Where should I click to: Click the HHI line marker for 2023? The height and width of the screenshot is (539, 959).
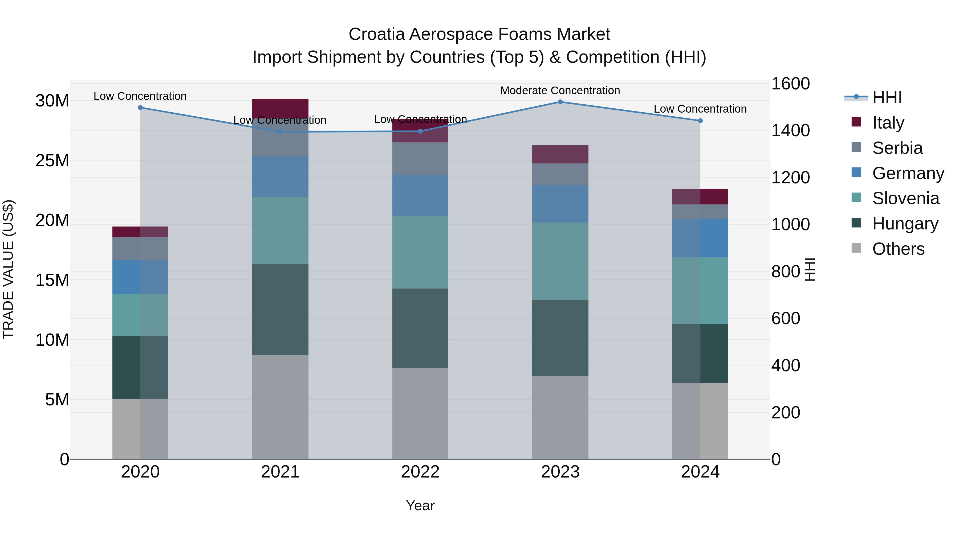click(x=560, y=102)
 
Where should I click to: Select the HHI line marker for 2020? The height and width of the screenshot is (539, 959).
click(x=140, y=108)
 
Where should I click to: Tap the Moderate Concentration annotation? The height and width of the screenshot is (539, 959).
click(x=560, y=90)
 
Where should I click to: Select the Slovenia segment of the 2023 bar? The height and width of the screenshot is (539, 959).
click(x=560, y=261)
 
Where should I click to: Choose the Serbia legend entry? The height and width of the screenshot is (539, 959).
click(x=897, y=148)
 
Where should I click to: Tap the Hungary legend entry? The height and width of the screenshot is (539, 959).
click(x=905, y=224)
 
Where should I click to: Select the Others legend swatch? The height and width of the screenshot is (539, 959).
click(x=856, y=248)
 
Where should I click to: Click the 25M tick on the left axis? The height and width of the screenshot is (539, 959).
click(x=52, y=161)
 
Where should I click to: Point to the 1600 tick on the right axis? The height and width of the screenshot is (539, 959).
click(x=790, y=84)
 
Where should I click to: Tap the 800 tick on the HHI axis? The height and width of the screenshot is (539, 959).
click(x=786, y=271)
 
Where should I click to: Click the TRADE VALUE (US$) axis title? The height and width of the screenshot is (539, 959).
click(x=8, y=269)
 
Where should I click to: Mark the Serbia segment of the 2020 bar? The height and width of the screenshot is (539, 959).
click(x=140, y=249)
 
